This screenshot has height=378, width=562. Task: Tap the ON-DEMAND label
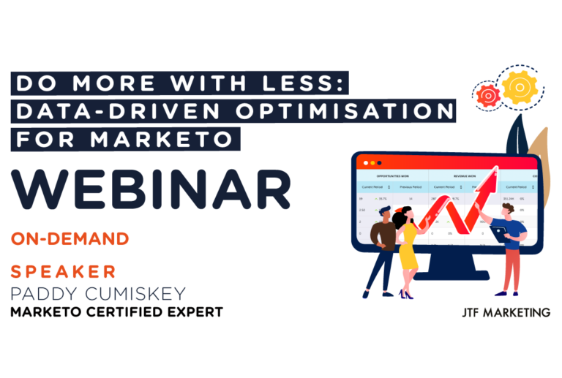[70, 239]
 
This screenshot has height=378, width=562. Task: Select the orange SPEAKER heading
[64, 272]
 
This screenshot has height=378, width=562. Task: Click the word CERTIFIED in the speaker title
[135, 312]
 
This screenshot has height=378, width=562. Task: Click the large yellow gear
[520, 86]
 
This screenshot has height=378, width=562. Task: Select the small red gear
[487, 95]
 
